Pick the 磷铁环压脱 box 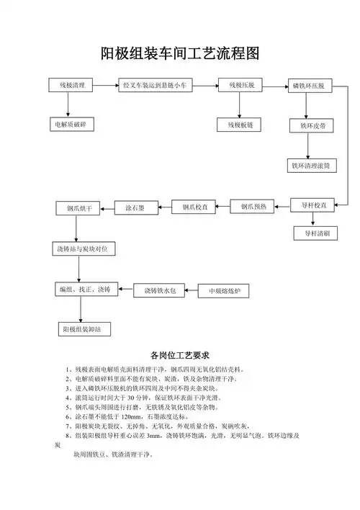pyautogui.click(x=307, y=86)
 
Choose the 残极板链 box pyautogui.click(x=240, y=125)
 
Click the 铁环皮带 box pyautogui.click(x=307, y=126)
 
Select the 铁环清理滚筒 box pyautogui.click(x=310, y=165)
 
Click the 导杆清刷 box pyautogui.click(x=316, y=233)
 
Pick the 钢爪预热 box pyautogui.click(x=253, y=207)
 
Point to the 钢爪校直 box pyautogui.click(x=194, y=207)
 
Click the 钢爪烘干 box pyautogui.click(x=79, y=208)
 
